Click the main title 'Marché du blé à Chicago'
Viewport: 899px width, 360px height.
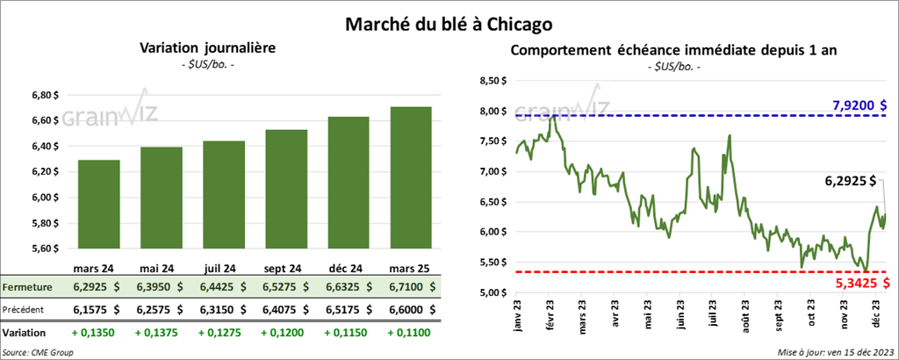click(x=449, y=19)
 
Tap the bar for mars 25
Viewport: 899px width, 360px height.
click(x=410, y=181)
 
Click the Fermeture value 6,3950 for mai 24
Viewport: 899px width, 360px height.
click(x=159, y=286)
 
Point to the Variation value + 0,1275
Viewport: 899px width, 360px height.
click(x=221, y=333)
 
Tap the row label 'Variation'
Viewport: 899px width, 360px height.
click(x=24, y=333)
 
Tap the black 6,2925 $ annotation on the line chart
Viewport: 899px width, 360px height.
click(x=851, y=182)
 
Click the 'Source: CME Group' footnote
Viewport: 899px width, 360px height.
click(x=38, y=351)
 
